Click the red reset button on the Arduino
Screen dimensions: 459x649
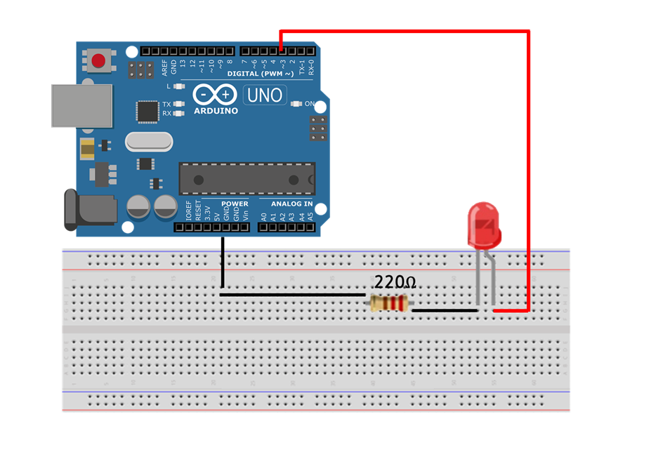(x=98, y=60)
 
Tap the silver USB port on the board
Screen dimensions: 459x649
(x=81, y=106)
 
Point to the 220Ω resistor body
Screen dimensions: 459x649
(x=389, y=303)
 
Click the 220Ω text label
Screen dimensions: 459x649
(x=395, y=283)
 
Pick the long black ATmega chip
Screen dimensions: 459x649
(x=247, y=178)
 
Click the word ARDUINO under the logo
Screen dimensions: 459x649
(x=216, y=111)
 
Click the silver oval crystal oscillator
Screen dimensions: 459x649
(x=148, y=142)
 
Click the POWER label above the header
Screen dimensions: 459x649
(x=235, y=204)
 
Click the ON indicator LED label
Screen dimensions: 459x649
(x=309, y=104)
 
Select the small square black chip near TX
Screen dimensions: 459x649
(x=147, y=111)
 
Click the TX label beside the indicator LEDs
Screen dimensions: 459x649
(x=166, y=104)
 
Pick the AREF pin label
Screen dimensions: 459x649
(x=165, y=67)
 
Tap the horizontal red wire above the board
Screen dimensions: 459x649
(x=404, y=32)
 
